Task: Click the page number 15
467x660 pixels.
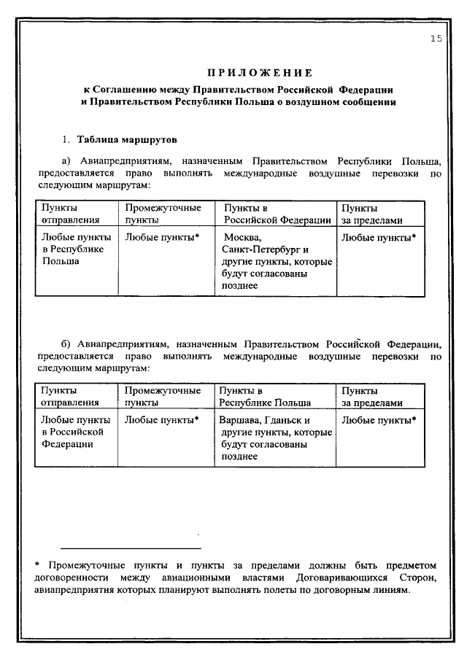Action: point(436,40)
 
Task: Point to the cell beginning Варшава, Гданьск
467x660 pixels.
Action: point(274,438)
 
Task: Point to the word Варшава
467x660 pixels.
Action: point(242,420)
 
